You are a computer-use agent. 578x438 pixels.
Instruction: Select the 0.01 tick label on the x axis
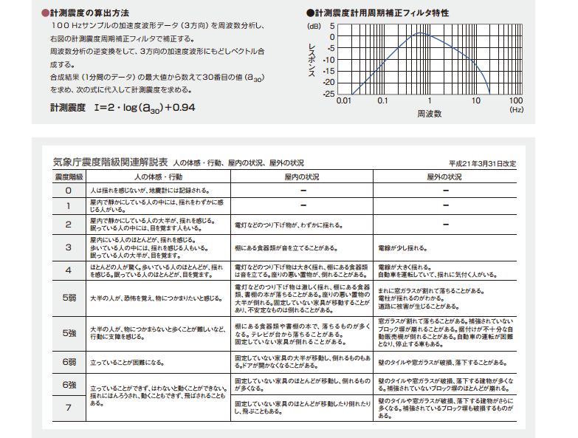[343, 101]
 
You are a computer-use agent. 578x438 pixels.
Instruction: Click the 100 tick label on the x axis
[515, 101]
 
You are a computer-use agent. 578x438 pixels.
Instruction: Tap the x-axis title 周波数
[429, 114]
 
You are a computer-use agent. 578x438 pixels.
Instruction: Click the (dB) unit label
[315, 25]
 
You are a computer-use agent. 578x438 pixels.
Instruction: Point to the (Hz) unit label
[516, 110]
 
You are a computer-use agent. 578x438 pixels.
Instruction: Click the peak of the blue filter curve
[419, 33]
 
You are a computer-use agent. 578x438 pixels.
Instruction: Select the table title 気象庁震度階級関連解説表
[111, 162]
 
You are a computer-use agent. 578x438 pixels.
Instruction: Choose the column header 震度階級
[68, 178]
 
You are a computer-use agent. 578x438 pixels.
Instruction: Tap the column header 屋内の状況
[302, 178]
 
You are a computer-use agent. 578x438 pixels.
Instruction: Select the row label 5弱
[68, 298]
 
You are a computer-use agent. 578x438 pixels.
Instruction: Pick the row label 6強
[68, 385]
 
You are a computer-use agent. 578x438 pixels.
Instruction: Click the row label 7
[68, 407]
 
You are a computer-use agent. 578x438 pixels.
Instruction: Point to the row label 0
[68, 191]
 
